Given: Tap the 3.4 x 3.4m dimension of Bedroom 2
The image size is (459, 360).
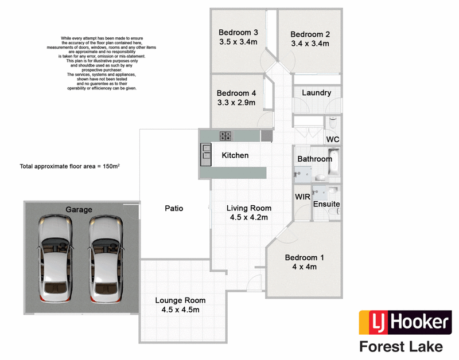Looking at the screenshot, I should point(310,43).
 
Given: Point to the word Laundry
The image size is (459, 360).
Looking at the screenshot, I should point(316,93).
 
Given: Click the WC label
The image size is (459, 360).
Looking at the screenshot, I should point(333,139).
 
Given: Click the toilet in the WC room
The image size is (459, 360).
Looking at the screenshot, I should point(333,122).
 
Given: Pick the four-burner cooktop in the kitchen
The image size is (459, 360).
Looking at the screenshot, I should point(225,136).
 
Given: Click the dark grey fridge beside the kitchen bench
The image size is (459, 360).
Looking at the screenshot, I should point(266,136).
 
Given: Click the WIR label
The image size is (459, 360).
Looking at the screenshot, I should point(302,197).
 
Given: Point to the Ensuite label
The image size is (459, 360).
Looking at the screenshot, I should point(326,204).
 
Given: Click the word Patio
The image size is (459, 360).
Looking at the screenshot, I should point(174,209).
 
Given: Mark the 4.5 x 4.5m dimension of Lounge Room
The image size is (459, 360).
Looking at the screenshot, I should point(180,310).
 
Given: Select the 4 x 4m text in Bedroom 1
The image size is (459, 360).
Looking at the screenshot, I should point(304,267).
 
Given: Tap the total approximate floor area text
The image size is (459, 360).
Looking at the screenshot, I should point(73,166).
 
